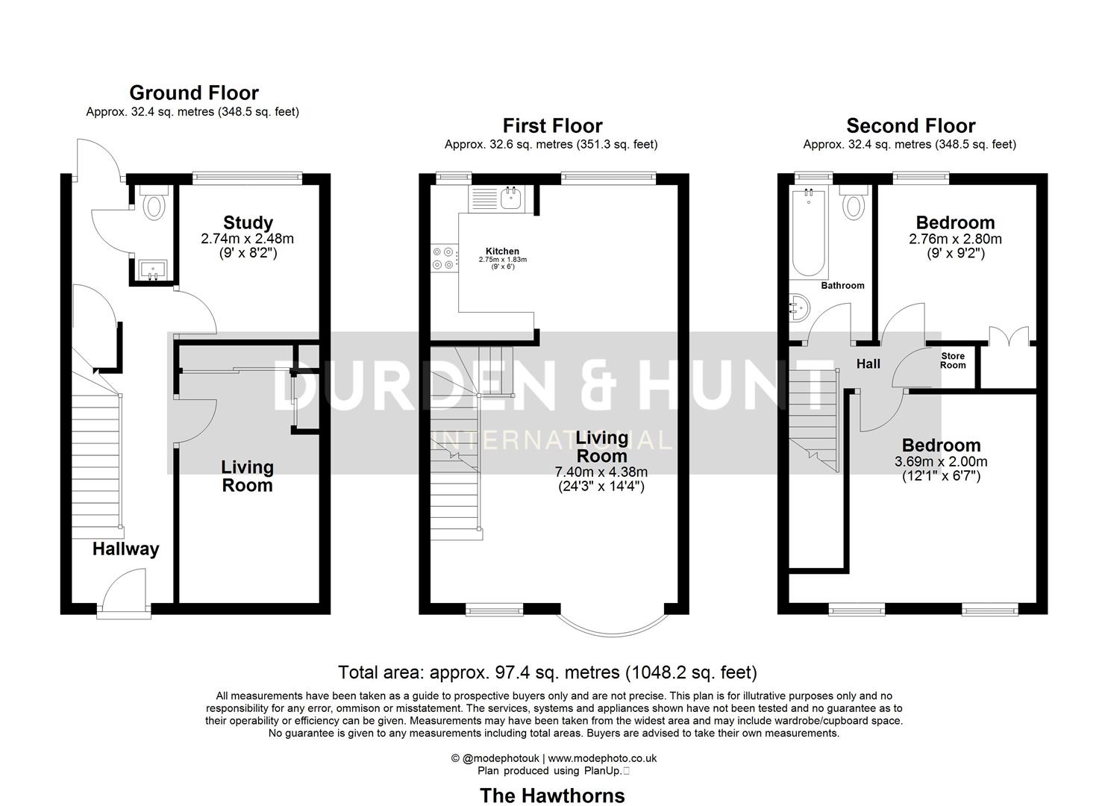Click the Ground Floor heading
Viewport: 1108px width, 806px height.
194,93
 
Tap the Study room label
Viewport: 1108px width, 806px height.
248,222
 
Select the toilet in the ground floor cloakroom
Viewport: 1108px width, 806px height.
154,204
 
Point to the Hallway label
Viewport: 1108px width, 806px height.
125,549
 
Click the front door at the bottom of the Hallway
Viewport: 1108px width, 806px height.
124,593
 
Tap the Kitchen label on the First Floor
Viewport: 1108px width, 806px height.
502,251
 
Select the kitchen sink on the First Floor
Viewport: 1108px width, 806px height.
512,199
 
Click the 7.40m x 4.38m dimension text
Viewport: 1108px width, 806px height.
601,472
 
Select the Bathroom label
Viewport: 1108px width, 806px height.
842,285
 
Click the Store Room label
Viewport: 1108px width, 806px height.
953,360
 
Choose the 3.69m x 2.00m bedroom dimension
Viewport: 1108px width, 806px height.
940,462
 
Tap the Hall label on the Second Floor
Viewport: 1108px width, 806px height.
868,363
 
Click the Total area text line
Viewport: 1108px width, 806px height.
547,672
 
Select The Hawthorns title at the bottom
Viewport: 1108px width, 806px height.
552,796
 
